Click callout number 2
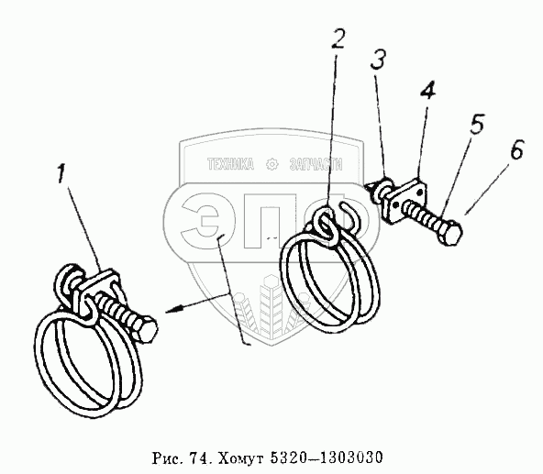[x=338, y=39]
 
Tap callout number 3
[x=378, y=59]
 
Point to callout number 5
[x=477, y=124]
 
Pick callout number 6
[x=516, y=149]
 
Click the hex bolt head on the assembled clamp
[x=147, y=328]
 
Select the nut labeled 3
[x=383, y=189]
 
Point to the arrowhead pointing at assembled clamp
[x=174, y=309]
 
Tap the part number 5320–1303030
[x=326, y=457]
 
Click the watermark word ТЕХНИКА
[x=230, y=164]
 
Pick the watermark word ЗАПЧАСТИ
[x=316, y=164]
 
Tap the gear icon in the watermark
[x=271, y=164]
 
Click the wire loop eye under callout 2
[x=327, y=226]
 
